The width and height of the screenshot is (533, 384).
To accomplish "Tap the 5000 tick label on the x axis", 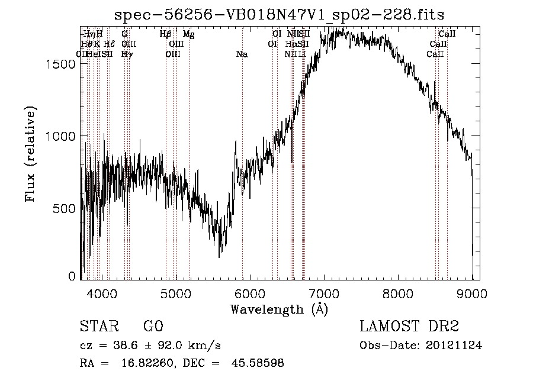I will [176, 294].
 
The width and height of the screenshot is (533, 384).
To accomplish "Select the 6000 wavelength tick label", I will [250, 294].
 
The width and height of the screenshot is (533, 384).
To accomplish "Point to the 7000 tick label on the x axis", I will [324, 294].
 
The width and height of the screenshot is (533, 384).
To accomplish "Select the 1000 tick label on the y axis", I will [62, 136].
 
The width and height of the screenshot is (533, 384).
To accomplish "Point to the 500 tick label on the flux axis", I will [65, 208].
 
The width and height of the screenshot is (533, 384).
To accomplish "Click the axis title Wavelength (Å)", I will [279, 309].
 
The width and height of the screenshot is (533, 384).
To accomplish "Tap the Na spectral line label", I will [242, 54].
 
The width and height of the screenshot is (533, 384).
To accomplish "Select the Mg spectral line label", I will [188, 34].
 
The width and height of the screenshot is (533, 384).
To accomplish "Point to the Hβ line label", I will [166, 34].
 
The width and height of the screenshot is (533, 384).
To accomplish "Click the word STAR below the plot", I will [99, 327].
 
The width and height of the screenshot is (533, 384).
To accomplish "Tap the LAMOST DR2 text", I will [409, 327].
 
